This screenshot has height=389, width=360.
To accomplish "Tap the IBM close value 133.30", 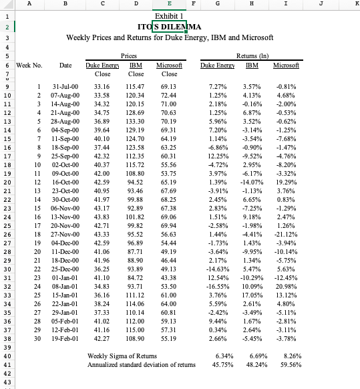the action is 136,122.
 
